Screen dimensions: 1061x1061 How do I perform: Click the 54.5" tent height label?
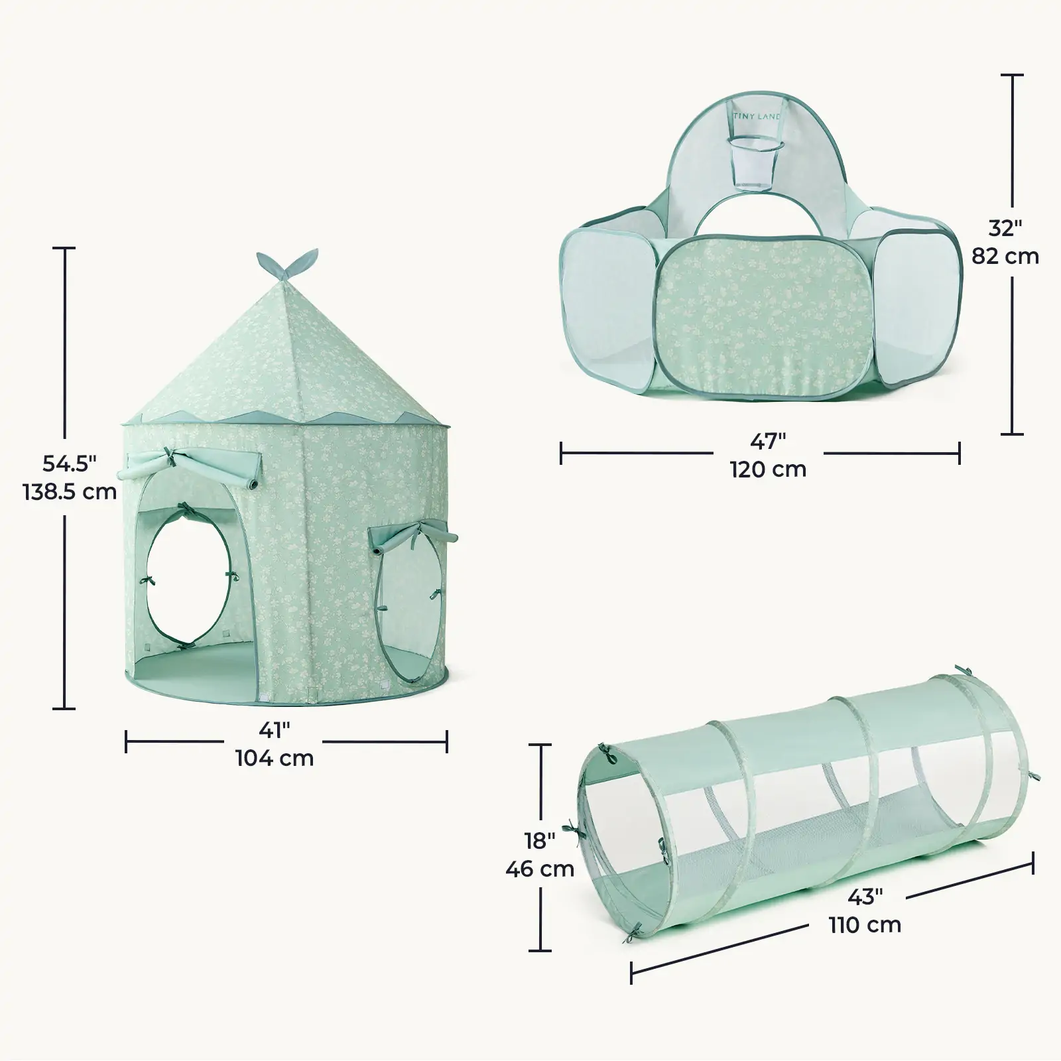(x=70, y=463)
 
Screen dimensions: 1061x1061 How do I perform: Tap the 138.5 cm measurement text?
(x=70, y=492)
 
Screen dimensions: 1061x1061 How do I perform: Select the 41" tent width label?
(x=275, y=730)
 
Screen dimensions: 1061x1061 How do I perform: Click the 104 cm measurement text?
(x=275, y=757)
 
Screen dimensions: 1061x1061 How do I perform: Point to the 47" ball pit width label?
(x=768, y=441)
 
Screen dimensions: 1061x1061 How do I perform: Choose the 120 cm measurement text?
(x=768, y=469)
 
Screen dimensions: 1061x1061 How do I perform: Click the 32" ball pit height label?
(x=1005, y=227)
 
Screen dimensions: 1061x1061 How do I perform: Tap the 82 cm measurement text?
(x=1005, y=256)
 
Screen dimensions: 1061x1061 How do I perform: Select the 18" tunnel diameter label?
(x=539, y=840)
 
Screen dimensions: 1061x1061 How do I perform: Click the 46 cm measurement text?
(x=539, y=869)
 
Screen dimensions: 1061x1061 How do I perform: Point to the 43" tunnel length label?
(x=865, y=897)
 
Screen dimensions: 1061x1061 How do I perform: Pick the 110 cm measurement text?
(x=865, y=924)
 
